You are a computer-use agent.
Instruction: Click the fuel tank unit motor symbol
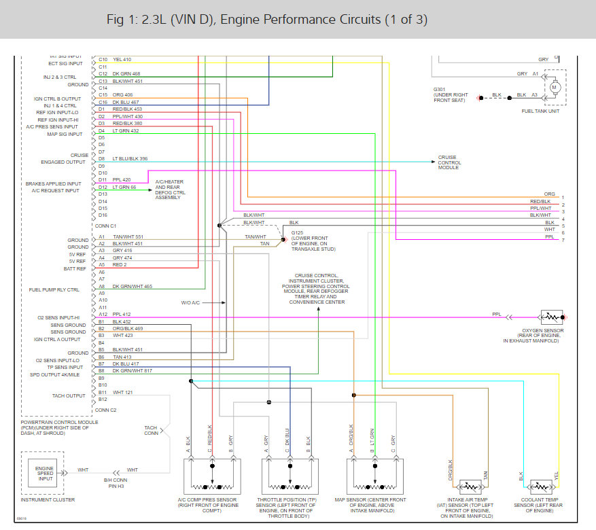tap(555, 87)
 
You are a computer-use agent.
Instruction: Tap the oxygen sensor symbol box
tap(551, 317)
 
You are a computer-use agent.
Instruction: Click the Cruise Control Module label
tap(449, 162)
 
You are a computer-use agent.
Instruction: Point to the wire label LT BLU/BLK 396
tap(130, 159)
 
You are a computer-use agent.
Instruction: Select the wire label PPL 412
tap(122, 314)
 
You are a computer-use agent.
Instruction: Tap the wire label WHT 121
tap(122, 392)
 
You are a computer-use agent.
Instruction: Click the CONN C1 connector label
tap(105, 226)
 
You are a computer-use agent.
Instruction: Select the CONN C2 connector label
tap(106, 410)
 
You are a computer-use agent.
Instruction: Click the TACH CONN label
tap(151, 430)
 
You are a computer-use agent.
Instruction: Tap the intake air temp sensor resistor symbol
tap(470, 487)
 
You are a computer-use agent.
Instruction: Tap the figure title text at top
tap(267, 19)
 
